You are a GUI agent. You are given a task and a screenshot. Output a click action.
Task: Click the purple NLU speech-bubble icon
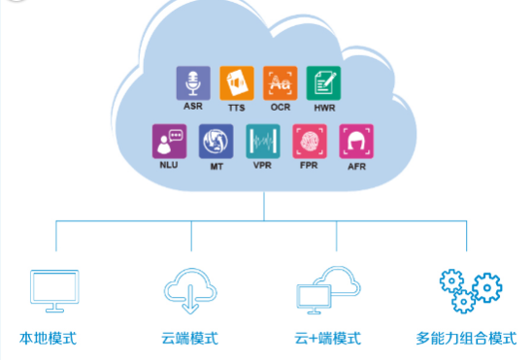[x=169, y=142]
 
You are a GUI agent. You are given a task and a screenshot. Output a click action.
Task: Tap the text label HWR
[x=324, y=108]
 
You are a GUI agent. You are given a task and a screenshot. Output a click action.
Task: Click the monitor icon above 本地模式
[x=54, y=289]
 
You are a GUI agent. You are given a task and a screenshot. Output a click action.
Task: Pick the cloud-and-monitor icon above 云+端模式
[x=327, y=288]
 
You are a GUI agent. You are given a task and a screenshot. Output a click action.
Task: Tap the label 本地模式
[x=49, y=339]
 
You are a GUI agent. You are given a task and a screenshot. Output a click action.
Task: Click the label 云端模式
[x=189, y=339]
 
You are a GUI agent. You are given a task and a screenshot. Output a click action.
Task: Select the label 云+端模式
[x=327, y=339]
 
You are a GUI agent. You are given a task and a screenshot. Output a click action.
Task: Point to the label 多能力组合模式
[x=466, y=339]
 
